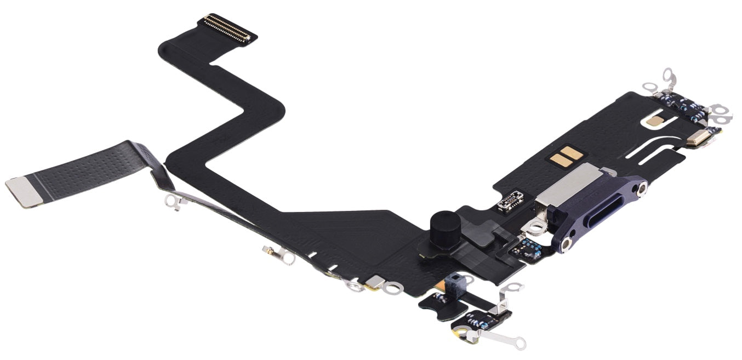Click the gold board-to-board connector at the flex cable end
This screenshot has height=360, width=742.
(x=227, y=28)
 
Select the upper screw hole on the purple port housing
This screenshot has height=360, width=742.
(x=637, y=190)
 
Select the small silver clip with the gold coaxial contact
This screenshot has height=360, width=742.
(x=274, y=253)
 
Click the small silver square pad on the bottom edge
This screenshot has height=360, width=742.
(x=375, y=281)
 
